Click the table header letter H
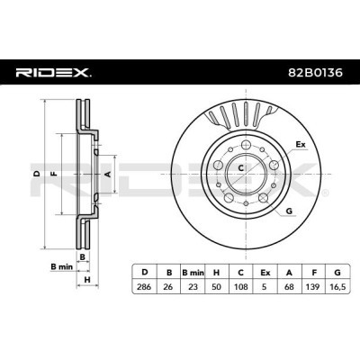(x=215, y=270)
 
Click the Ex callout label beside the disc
(x=301, y=144)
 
